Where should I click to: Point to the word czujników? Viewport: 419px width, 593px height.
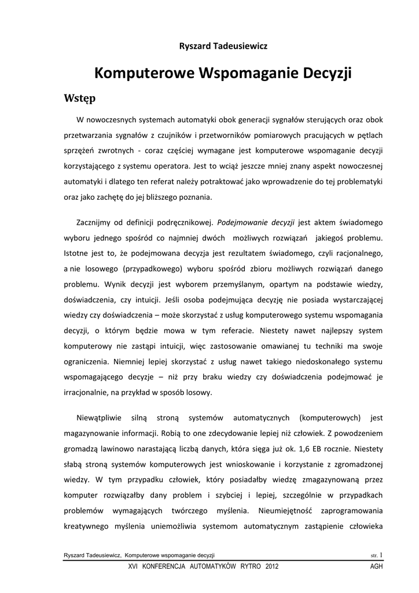click(x=171, y=136)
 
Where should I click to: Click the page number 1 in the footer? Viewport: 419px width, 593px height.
click(x=380, y=555)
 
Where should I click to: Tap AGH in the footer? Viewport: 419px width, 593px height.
click(x=376, y=567)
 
